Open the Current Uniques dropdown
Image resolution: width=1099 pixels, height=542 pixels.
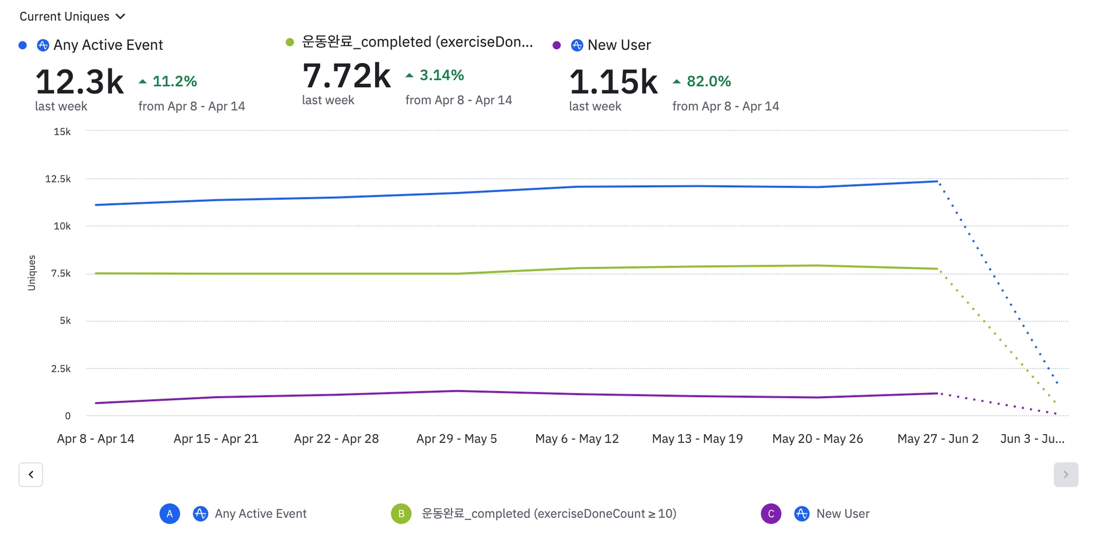tap(72, 17)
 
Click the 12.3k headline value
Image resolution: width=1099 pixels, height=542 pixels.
tap(79, 82)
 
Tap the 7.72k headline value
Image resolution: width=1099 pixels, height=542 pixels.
tap(346, 76)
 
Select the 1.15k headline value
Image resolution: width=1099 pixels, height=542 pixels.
tap(613, 82)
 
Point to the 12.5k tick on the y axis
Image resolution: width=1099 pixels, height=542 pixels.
tap(58, 179)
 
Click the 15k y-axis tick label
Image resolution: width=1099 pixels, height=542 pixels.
tap(62, 132)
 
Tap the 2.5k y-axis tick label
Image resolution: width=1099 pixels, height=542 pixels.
tap(61, 369)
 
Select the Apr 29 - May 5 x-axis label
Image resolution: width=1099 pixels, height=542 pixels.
tap(457, 439)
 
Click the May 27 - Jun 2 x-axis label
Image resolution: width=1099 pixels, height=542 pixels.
tap(938, 439)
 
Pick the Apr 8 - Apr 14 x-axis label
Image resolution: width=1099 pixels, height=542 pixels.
tap(96, 439)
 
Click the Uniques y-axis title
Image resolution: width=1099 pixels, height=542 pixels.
tap(32, 273)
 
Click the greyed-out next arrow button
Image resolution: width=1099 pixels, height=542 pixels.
tap(1066, 474)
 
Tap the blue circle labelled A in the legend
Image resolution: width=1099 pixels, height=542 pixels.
tap(170, 514)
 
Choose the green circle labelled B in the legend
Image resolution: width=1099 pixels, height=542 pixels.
tap(401, 514)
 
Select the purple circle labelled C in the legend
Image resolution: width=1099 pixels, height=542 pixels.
tap(771, 514)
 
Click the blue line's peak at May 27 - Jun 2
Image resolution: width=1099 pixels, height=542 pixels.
tap(937, 181)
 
